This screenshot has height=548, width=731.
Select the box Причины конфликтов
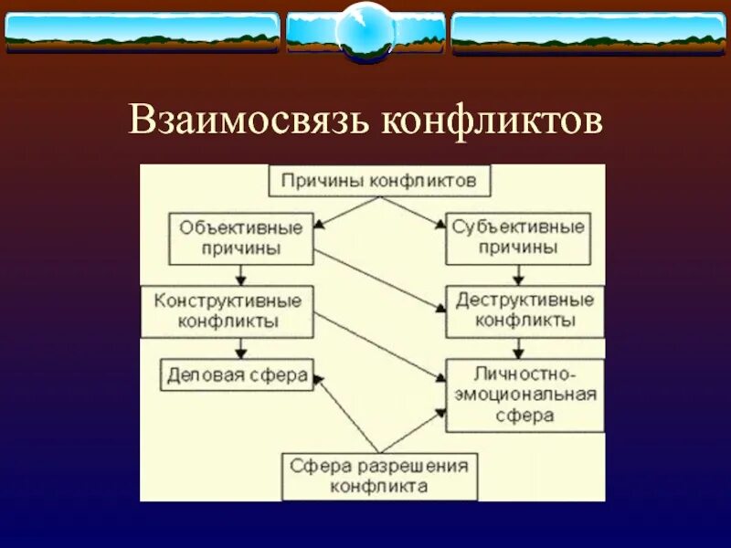[378, 180]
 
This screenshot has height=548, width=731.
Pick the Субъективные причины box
[518, 237]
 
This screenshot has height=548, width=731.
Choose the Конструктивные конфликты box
[227, 311]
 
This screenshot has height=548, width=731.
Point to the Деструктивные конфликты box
[524, 311]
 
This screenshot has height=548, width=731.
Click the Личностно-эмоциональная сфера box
[524, 395]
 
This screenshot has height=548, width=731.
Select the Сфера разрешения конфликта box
[378, 477]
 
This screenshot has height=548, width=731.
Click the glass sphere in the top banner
[365, 32]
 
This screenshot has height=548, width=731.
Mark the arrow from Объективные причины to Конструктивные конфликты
[240, 274]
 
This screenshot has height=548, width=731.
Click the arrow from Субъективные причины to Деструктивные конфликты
[519, 274]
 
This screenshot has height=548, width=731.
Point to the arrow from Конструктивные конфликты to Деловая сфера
[240, 348]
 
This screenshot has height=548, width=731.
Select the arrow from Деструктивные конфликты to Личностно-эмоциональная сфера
[519, 348]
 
